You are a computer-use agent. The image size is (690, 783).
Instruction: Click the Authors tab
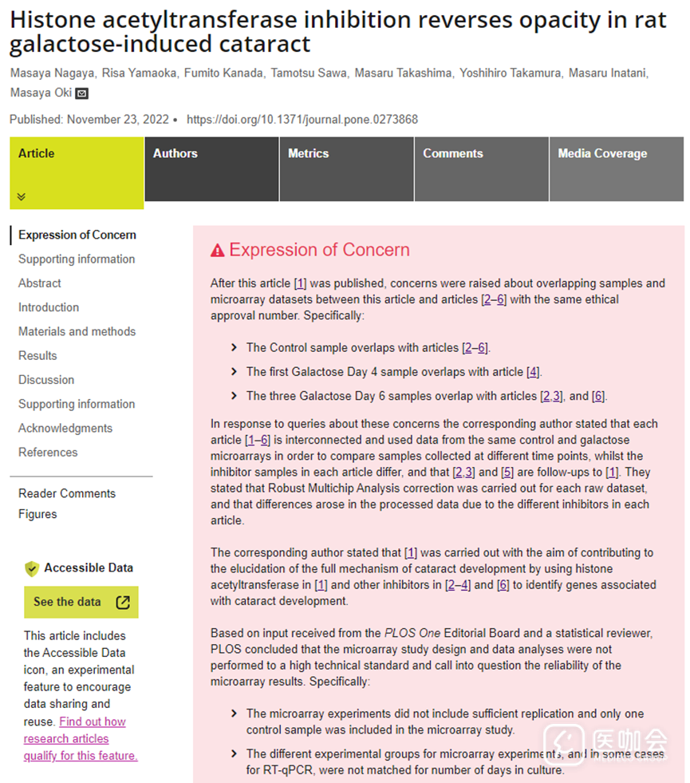click(175, 153)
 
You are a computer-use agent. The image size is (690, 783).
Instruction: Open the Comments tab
click(453, 153)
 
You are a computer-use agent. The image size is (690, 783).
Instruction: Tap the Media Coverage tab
click(602, 153)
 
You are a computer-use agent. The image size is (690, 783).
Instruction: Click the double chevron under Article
click(22, 196)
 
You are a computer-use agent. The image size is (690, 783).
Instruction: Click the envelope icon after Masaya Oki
click(81, 93)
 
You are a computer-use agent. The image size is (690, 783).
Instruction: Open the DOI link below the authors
click(302, 120)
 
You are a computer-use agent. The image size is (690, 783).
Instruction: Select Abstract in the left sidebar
click(40, 283)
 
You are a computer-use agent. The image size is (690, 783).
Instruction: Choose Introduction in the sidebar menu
click(49, 307)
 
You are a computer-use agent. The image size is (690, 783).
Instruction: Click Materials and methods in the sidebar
click(77, 331)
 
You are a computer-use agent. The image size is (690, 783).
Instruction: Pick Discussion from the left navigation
click(46, 380)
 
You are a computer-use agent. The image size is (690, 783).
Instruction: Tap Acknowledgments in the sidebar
click(65, 428)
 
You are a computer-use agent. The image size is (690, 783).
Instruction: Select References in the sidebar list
click(48, 452)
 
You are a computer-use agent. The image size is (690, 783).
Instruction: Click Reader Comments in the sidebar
click(67, 493)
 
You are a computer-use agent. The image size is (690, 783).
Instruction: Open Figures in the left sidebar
click(37, 514)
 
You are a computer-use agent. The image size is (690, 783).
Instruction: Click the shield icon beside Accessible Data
click(32, 568)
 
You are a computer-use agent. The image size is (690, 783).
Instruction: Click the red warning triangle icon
click(217, 251)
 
